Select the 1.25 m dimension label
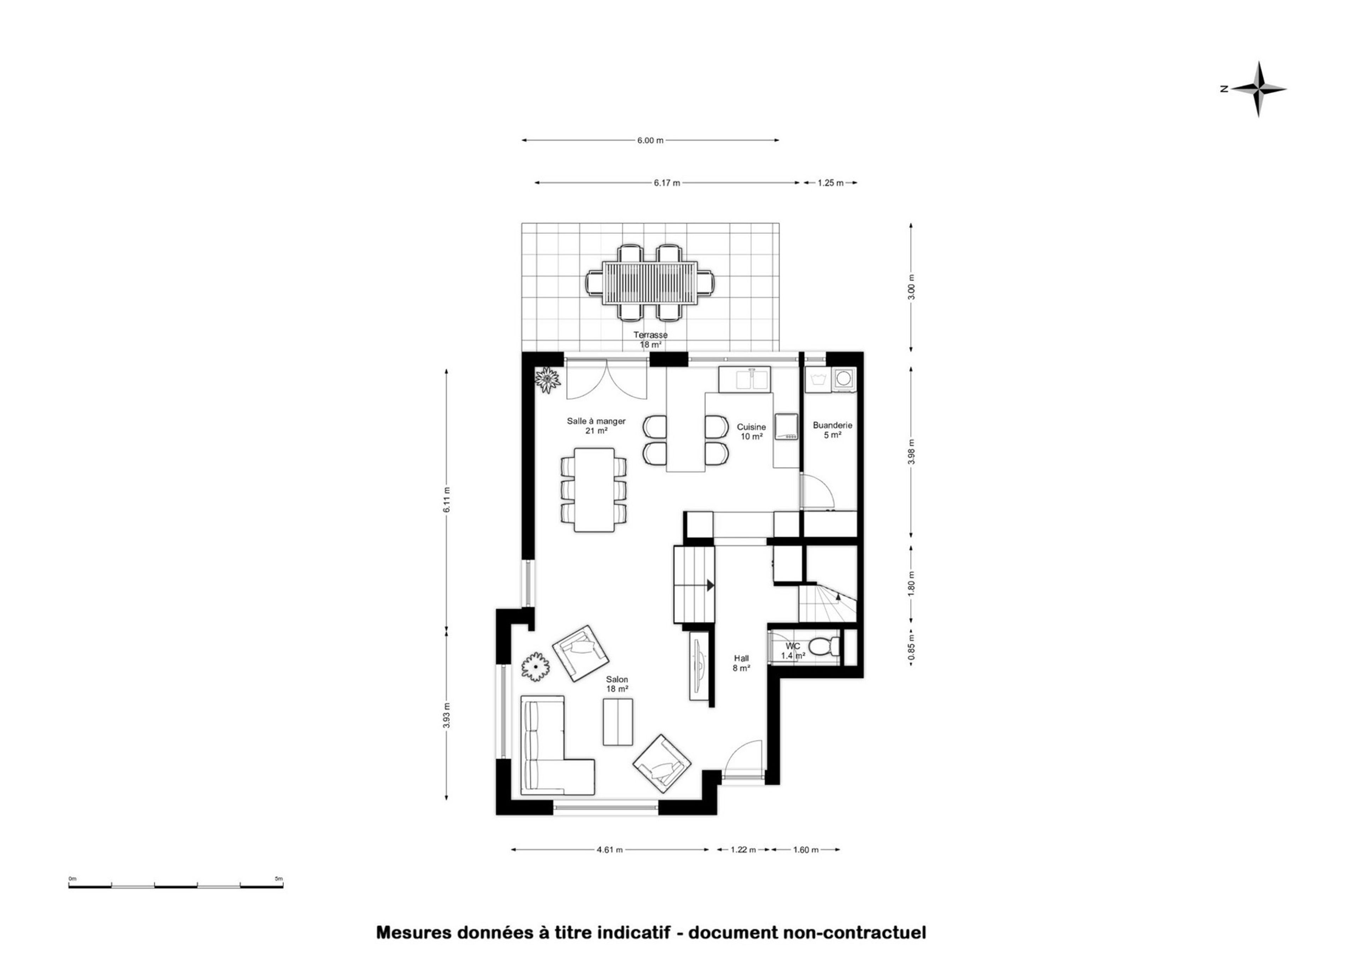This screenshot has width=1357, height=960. coord(830,183)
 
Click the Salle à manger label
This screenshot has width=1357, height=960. coord(596,422)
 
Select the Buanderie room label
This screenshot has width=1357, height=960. coord(833,425)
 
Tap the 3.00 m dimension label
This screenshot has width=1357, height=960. coord(911,287)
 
